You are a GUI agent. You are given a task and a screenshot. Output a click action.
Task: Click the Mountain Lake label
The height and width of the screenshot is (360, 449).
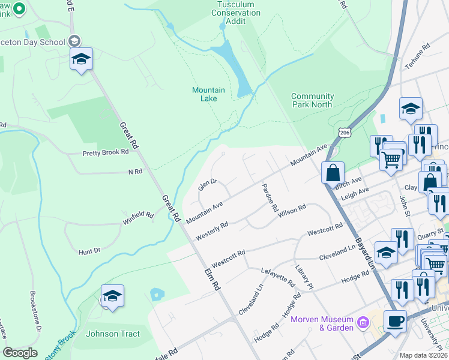coord(208,94)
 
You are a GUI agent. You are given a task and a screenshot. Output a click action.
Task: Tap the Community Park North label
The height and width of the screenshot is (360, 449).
coord(312,100)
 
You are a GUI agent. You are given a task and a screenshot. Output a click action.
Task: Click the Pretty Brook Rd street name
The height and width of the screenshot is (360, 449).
coord(106,152)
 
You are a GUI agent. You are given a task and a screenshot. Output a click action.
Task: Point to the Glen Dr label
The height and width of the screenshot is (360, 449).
coord(208,182)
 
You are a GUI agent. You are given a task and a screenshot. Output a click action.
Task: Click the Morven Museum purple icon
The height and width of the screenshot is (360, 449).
coord(362,323)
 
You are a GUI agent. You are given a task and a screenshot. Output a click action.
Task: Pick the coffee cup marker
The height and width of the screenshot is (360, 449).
coord(394,320)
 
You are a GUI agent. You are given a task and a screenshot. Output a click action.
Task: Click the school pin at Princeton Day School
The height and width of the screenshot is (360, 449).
coord(81,59)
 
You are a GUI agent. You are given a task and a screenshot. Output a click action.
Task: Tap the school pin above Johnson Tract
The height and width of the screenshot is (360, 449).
coord(112,296)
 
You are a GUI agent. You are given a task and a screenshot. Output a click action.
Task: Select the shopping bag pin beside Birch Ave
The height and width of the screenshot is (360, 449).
coord(333,172)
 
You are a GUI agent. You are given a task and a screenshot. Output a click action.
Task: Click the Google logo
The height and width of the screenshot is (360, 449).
coord(20,353)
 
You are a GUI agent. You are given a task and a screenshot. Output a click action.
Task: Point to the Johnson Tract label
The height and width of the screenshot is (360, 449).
coord(113,334)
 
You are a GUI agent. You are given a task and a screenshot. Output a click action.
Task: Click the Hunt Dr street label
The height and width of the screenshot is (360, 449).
coord(89,251)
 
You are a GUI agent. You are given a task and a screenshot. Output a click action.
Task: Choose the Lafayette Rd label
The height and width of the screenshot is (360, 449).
coord(277,276)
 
